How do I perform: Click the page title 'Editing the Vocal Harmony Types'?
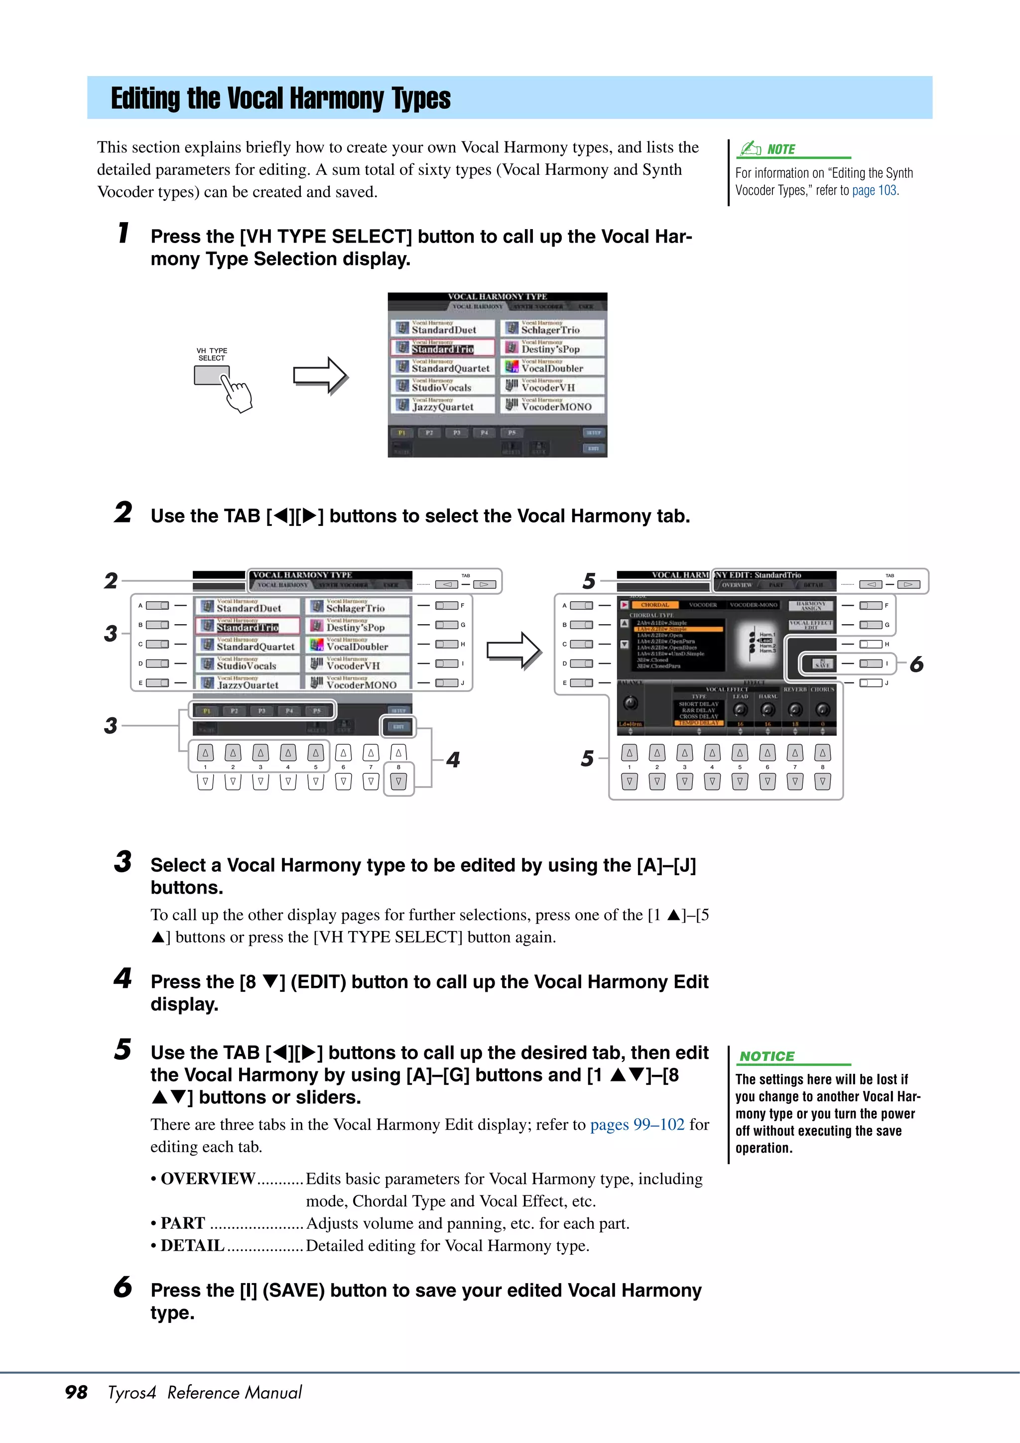(x=280, y=99)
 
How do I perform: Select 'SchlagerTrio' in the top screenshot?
(x=550, y=329)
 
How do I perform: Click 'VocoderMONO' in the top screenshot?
(x=556, y=406)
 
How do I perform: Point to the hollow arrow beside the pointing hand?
(x=321, y=376)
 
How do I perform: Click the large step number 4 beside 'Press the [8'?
(x=123, y=978)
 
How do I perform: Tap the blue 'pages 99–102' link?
(x=637, y=1124)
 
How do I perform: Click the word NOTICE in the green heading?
(x=766, y=1056)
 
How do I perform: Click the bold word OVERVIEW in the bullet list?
(x=208, y=1179)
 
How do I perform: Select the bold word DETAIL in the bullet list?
(x=192, y=1246)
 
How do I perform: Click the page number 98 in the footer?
(x=76, y=1392)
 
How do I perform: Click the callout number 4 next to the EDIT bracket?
(x=453, y=759)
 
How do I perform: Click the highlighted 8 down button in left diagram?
(x=398, y=782)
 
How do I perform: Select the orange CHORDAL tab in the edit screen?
(x=654, y=605)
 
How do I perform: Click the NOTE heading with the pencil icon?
(x=780, y=149)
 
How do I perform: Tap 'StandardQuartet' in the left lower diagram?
(x=255, y=646)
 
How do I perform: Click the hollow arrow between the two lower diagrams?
(x=513, y=651)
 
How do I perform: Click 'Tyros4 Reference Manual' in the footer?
(x=204, y=1392)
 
